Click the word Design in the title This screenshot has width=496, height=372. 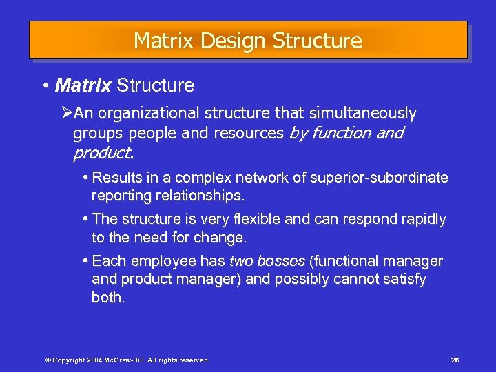(234, 41)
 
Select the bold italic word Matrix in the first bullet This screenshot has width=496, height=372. (83, 85)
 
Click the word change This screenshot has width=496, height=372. (222, 238)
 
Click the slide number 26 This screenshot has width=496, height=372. (455, 360)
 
